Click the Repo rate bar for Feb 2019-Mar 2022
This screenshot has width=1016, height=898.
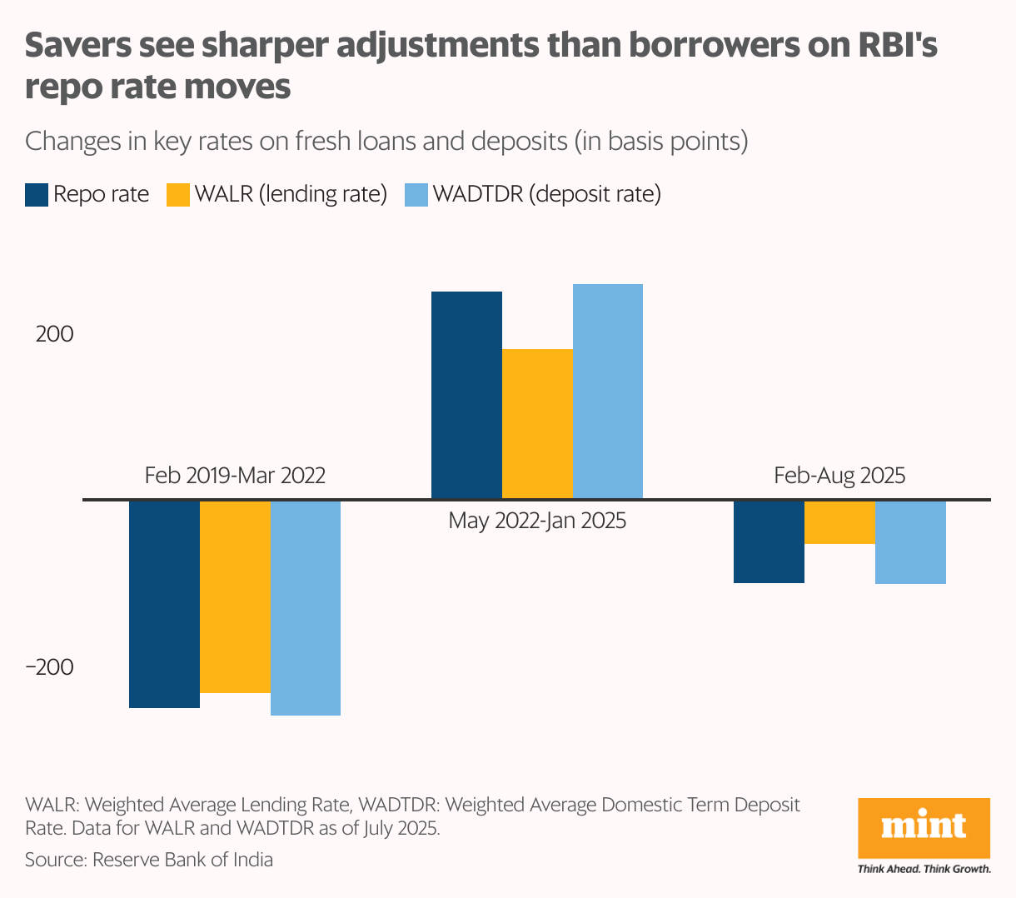click(164, 604)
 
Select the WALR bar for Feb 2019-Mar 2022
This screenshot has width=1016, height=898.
click(236, 596)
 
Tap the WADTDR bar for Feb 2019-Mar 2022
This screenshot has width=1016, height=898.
click(306, 607)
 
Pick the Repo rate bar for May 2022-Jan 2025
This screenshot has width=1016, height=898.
click(466, 395)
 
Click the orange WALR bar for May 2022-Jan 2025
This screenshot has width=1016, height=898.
click(537, 424)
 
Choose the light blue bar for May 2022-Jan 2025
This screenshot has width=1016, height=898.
click(608, 392)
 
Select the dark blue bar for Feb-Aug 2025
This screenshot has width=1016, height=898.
click(769, 541)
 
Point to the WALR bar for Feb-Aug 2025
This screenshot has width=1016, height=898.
click(839, 522)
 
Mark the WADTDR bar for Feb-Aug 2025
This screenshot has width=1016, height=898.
click(910, 542)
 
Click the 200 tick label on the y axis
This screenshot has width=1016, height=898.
click(54, 334)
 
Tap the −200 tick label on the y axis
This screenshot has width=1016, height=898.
click(49, 667)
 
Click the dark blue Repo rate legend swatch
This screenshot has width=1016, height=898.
click(37, 194)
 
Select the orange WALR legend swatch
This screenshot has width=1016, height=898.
click(179, 194)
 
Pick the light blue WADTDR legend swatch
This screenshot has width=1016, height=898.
click(416, 194)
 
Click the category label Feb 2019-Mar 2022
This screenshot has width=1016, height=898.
click(235, 476)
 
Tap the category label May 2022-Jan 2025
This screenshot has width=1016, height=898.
click(537, 521)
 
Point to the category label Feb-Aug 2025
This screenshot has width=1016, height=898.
click(839, 476)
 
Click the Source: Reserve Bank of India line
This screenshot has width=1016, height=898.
click(149, 860)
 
